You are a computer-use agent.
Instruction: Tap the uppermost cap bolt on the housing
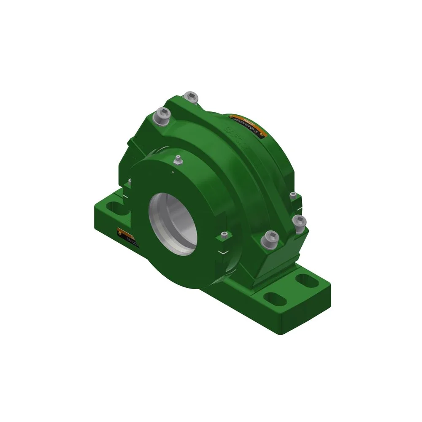pyautogui.click(x=192, y=97)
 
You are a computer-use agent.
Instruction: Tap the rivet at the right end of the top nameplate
pyautogui.click(x=265, y=135)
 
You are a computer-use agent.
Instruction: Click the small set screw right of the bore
pyautogui.click(x=222, y=235)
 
